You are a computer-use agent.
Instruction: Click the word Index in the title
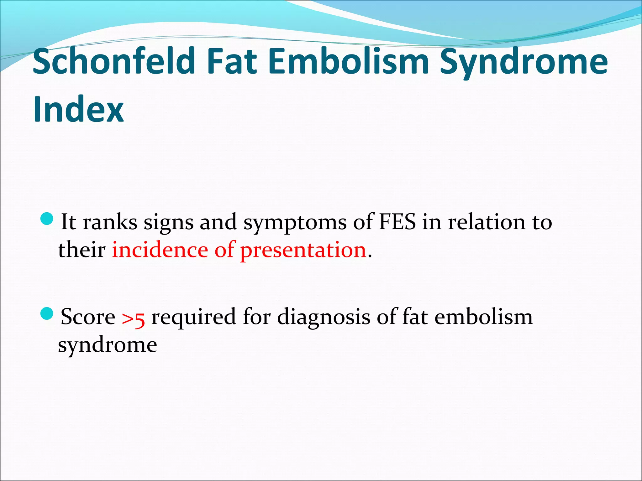(78, 109)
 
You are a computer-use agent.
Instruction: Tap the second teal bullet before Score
(48, 313)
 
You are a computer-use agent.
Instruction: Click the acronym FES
(397, 222)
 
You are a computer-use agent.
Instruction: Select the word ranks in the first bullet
(110, 222)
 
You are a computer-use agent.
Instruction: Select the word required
(193, 317)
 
